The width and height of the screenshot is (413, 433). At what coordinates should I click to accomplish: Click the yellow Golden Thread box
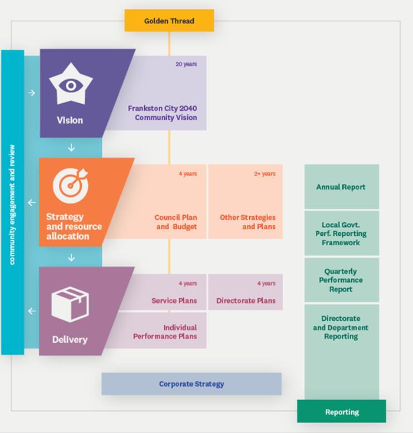click(169, 21)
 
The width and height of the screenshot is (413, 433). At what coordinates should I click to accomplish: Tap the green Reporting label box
click(341, 412)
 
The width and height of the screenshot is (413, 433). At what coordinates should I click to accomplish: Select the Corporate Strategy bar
click(191, 384)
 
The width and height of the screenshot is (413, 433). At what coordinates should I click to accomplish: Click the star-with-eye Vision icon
click(71, 85)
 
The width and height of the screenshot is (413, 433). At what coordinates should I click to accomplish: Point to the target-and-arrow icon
click(71, 184)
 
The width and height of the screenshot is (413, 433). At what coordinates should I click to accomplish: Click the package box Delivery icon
click(70, 304)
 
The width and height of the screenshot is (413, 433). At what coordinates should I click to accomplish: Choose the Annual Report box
click(341, 187)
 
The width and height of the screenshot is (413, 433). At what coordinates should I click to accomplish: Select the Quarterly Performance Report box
click(341, 280)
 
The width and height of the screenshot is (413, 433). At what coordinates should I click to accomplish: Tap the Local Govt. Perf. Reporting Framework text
click(341, 233)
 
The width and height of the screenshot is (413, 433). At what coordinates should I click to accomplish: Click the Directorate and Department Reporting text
click(341, 328)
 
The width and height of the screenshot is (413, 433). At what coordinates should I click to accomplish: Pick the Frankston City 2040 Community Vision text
click(163, 113)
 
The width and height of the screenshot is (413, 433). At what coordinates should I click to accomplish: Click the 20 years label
click(186, 64)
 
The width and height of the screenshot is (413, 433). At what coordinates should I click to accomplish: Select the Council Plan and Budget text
click(176, 222)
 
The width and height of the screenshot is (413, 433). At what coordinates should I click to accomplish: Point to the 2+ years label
click(265, 174)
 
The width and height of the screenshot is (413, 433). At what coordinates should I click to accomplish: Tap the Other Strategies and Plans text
click(248, 222)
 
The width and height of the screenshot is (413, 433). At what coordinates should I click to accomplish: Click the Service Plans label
click(174, 301)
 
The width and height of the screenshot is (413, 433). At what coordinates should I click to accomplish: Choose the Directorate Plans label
click(246, 301)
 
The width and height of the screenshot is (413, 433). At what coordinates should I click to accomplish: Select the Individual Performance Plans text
click(165, 332)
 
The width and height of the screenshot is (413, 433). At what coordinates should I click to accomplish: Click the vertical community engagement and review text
click(12, 204)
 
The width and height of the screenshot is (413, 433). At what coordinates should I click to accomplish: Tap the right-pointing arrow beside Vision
click(32, 93)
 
